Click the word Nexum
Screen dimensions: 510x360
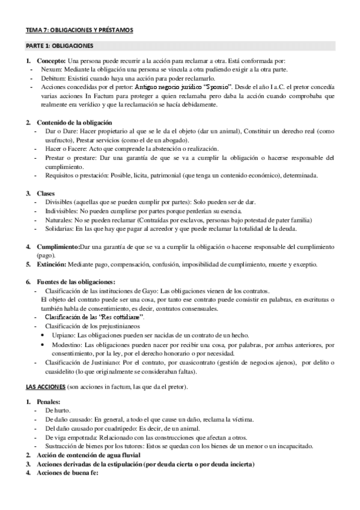48,70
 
